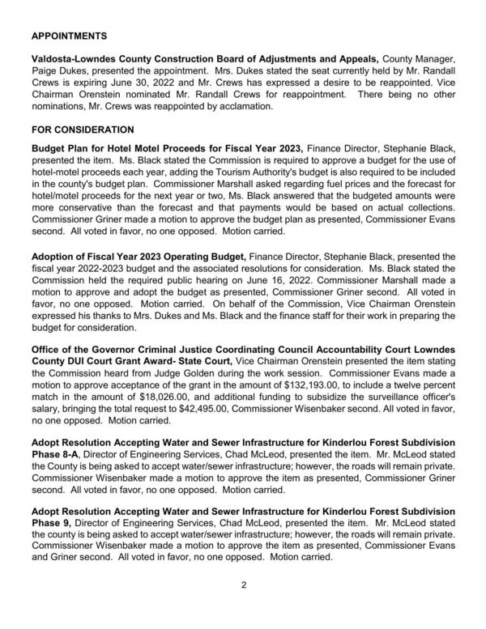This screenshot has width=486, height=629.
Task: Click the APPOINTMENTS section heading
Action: pos(70,37)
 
